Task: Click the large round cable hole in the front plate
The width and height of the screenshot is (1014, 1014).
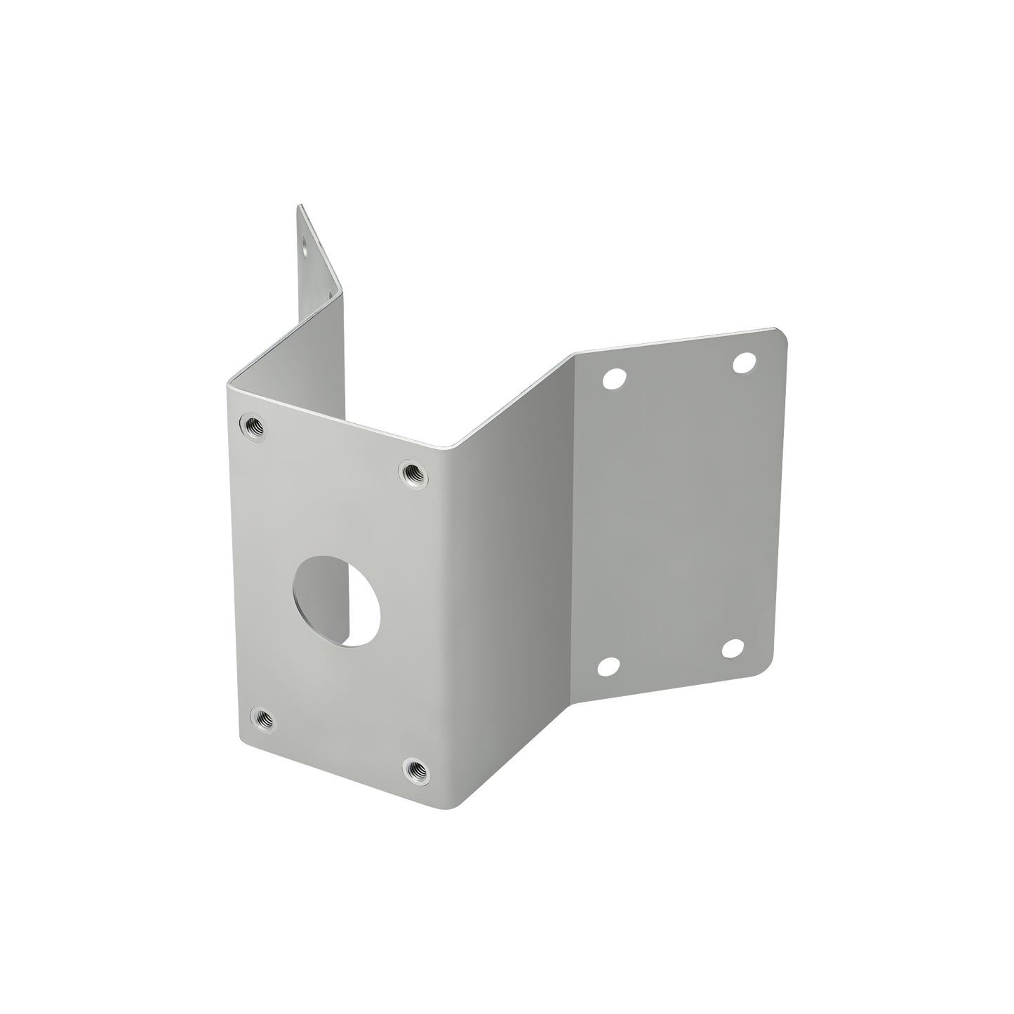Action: (336, 590)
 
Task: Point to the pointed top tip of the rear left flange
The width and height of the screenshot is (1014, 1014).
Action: (298, 205)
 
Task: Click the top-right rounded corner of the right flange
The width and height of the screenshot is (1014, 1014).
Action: (785, 329)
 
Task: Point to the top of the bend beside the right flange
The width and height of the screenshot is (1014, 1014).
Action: (572, 354)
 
